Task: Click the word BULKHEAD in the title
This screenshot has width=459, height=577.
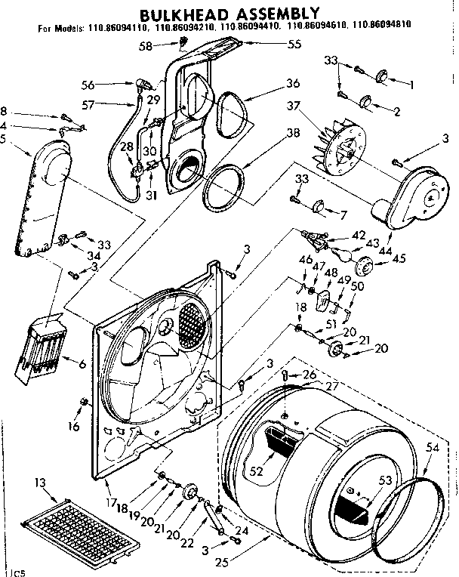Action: pos(182,12)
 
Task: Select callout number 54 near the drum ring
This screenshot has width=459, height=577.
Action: pos(433,449)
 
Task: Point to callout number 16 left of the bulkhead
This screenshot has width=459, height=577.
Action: pos(72,427)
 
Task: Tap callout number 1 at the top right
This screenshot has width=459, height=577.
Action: pos(411,85)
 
